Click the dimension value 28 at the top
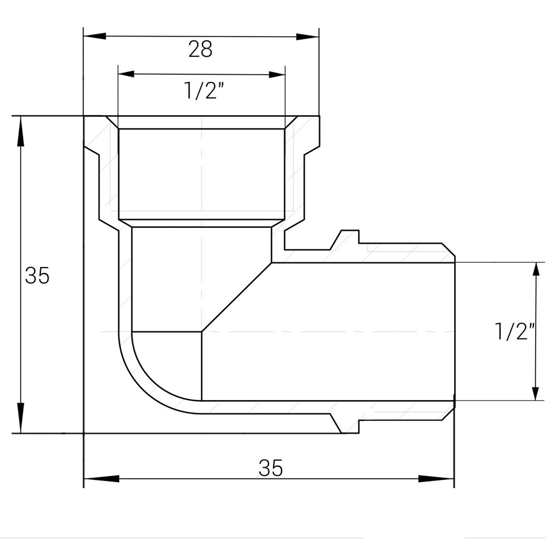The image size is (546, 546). (200, 50)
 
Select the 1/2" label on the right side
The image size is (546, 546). (513, 331)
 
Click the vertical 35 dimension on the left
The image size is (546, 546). (37, 276)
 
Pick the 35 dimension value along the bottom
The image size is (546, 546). (271, 468)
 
